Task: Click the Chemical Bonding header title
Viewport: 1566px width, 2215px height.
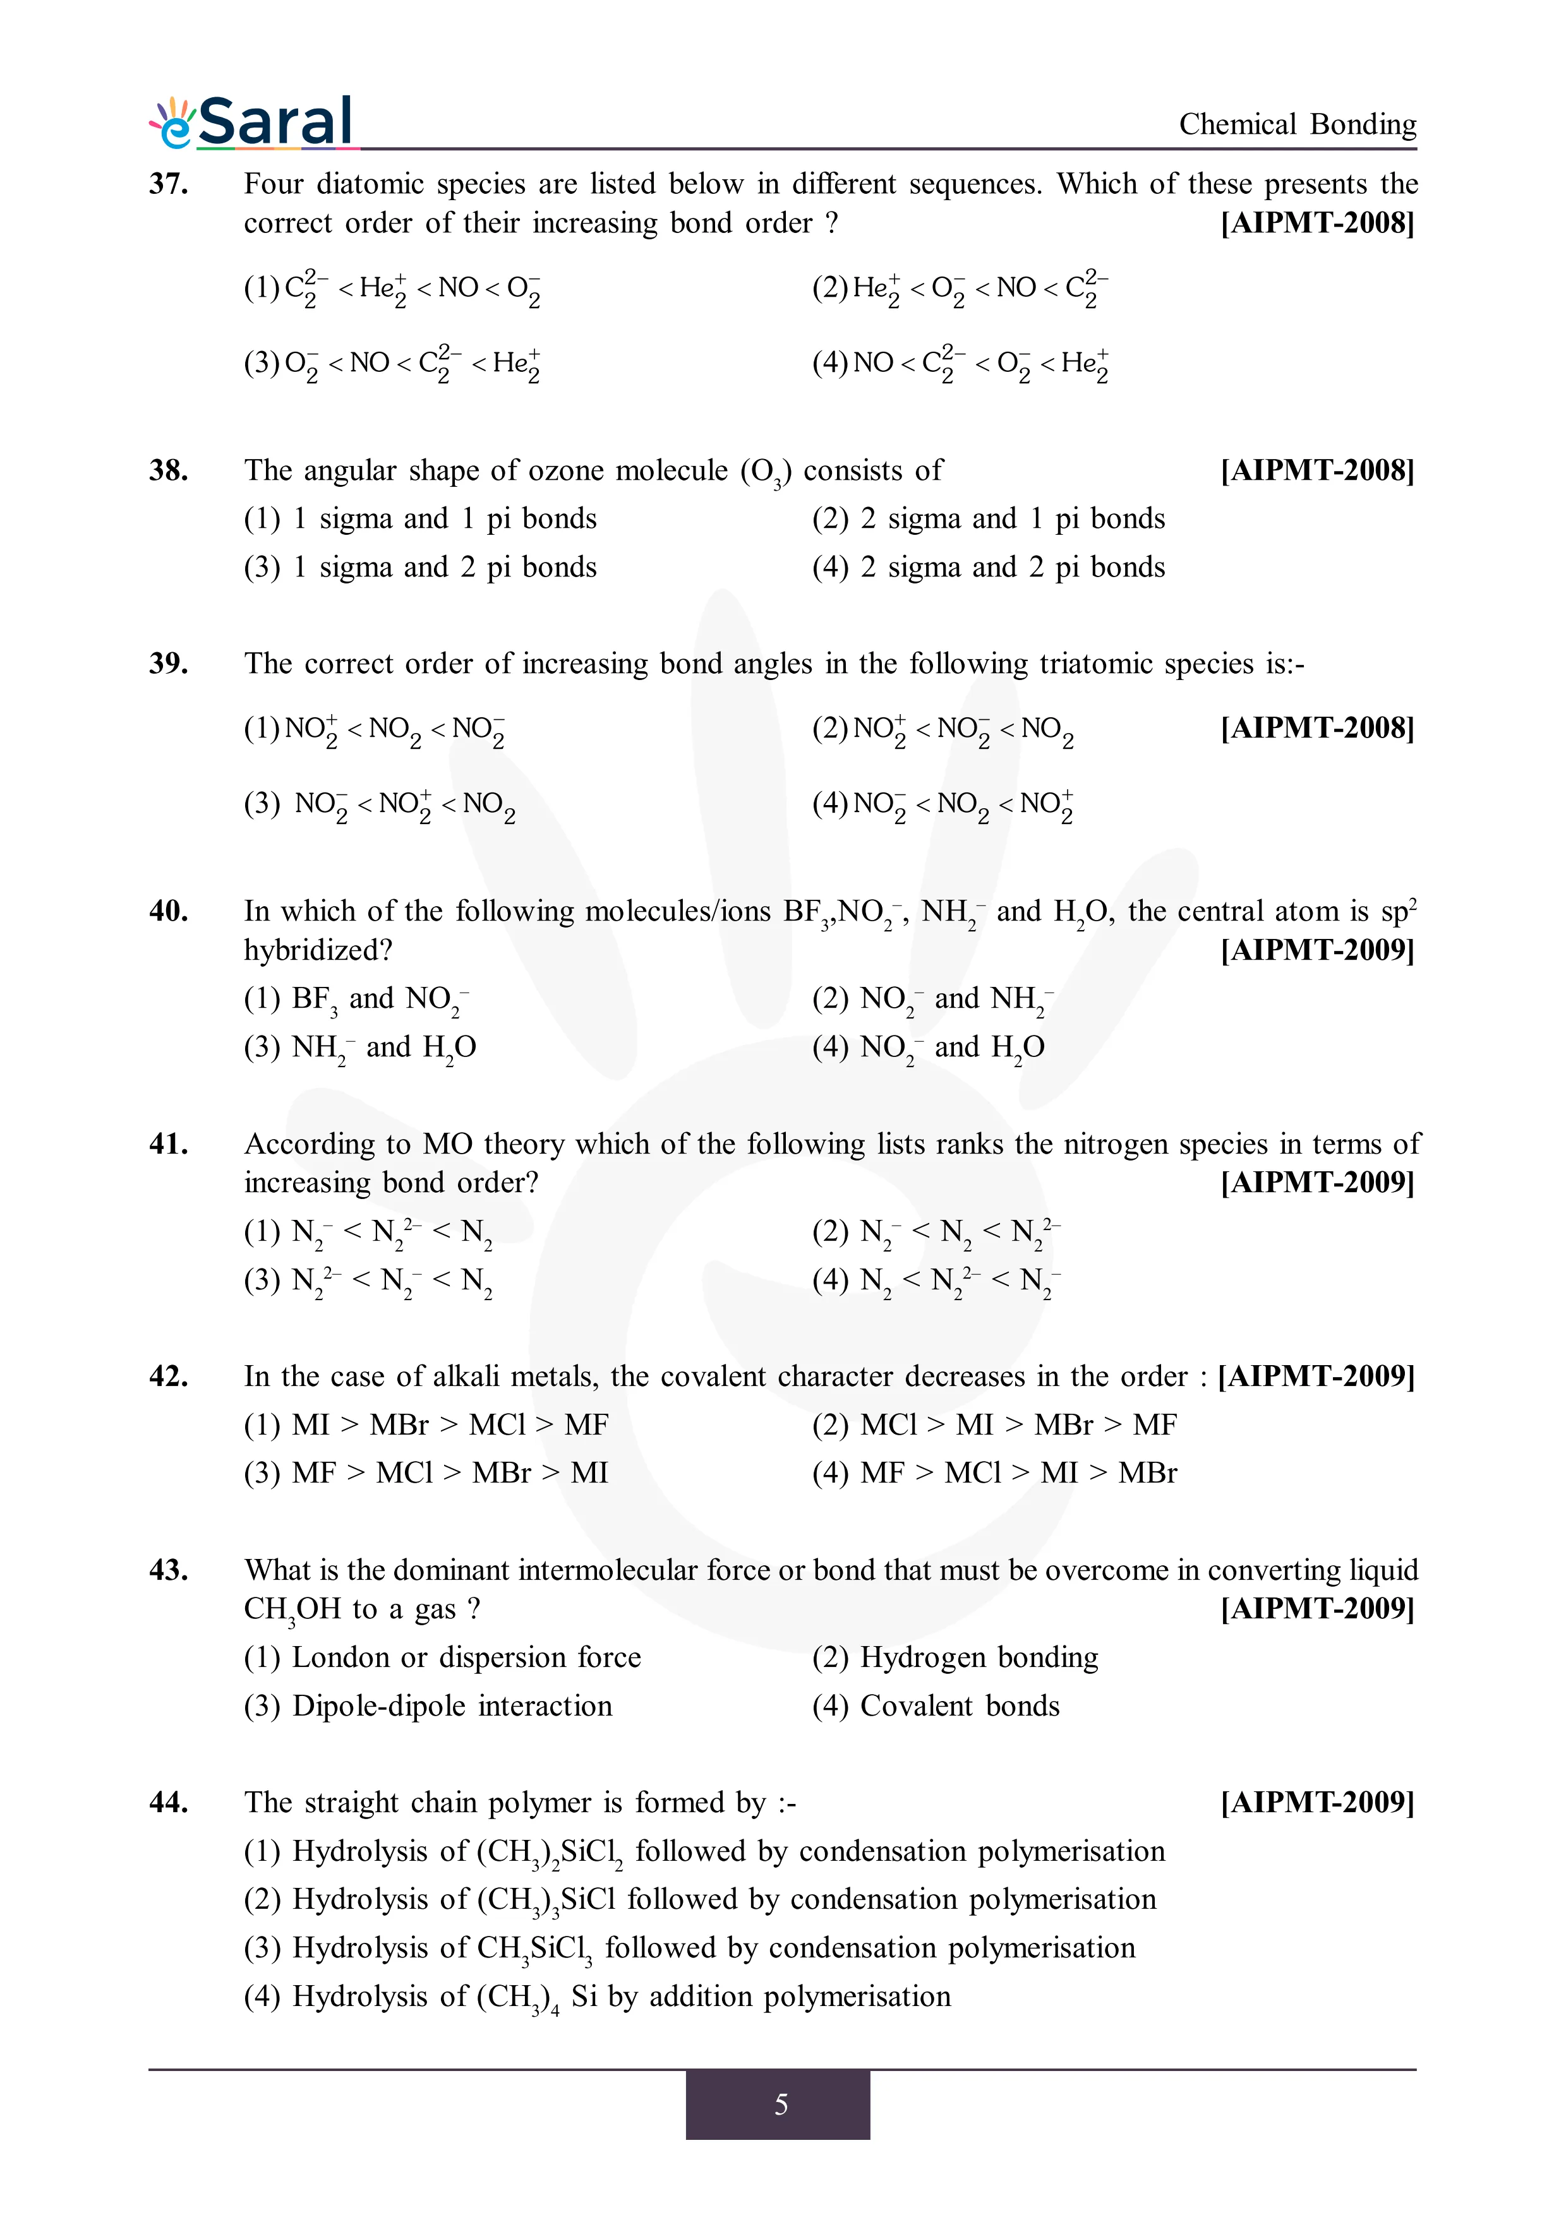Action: [x=1297, y=124]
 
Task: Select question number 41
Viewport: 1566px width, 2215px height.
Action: [x=168, y=1143]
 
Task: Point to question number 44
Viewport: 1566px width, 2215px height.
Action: [x=168, y=1802]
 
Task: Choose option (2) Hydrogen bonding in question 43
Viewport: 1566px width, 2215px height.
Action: [x=955, y=1657]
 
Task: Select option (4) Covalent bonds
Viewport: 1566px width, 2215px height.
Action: [x=936, y=1705]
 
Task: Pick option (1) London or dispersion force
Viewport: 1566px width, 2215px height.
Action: [x=442, y=1657]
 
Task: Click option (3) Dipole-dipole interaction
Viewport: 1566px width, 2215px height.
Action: [x=428, y=1705]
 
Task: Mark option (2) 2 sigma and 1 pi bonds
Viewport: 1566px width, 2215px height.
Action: [x=988, y=519]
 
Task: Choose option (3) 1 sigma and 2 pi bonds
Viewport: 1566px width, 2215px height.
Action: [x=419, y=567]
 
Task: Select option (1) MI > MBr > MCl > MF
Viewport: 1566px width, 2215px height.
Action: [x=426, y=1425]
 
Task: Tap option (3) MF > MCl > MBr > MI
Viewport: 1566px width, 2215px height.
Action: [x=426, y=1473]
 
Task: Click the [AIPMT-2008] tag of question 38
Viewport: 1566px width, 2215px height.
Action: [x=1317, y=471]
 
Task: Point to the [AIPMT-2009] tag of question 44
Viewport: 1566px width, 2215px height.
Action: [x=1317, y=1802]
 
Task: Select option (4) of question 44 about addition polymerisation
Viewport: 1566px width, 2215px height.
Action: [x=597, y=1996]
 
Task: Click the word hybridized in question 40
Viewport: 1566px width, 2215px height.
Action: [x=318, y=950]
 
